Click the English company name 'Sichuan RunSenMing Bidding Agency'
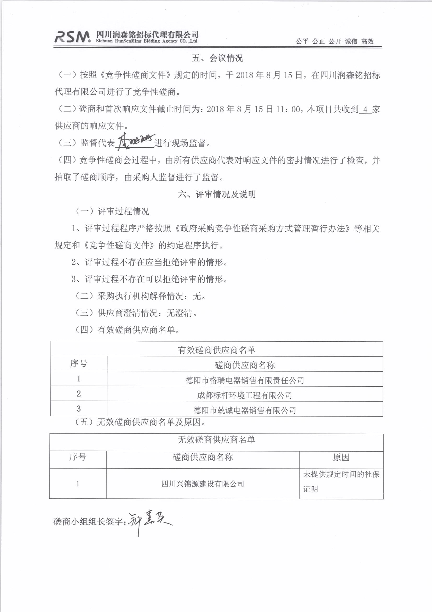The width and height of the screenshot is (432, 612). pyautogui.click(x=146, y=41)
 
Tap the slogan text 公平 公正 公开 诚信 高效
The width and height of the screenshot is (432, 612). pyautogui.click(x=335, y=41)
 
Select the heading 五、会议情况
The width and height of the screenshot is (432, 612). pyautogui.click(x=217, y=58)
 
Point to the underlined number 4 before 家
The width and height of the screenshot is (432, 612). pyautogui.click(x=365, y=109)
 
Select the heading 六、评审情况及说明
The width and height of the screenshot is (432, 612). pyautogui.click(x=217, y=194)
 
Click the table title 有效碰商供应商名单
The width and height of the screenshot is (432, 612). pyautogui.click(x=216, y=350)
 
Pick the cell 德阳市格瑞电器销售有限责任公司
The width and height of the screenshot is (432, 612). pyautogui.click(x=245, y=380)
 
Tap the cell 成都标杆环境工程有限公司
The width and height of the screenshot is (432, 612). pyautogui.click(x=245, y=395)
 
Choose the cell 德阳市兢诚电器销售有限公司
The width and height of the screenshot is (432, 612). pyautogui.click(x=245, y=410)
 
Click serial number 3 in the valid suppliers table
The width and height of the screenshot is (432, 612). pyautogui.click(x=78, y=409)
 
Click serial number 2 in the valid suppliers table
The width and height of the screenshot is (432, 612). pyautogui.click(x=78, y=394)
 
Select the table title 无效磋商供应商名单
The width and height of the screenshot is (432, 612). pyautogui.click(x=216, y=439)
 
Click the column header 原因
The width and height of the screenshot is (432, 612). pyautogui.click(x=341, y=457)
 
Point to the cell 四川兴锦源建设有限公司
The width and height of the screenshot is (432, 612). pyautogui.click(x=203, y=484)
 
